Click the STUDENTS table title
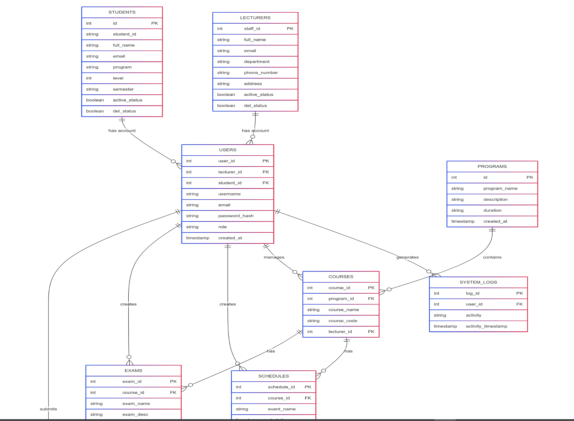[x=122, y=12]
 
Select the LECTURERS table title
[x=255, y=18]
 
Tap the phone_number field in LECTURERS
[x=261, y=72]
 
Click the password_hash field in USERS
[x=236, y=216]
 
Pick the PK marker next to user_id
[x=265, y=161]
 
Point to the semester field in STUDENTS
[x=123, y=89]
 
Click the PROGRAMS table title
[x=492, y=166]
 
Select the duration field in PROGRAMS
[x=492, y=210]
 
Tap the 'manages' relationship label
[x=274, y=257]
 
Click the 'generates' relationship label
[x=407, y=257]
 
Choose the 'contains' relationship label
[x=492, y=257]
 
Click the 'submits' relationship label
[x=48, y=409]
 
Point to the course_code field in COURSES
[x=343, y=321]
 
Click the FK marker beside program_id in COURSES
[x=371, y=298]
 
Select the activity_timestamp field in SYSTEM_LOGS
[x=486, y=326]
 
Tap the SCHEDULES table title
[x=273, y=376]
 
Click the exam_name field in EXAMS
[x=136, y=403]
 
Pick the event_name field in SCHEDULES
[x=282, y=409]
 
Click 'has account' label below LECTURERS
[x=255, y=131]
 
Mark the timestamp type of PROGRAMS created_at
[x=463, y=221]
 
